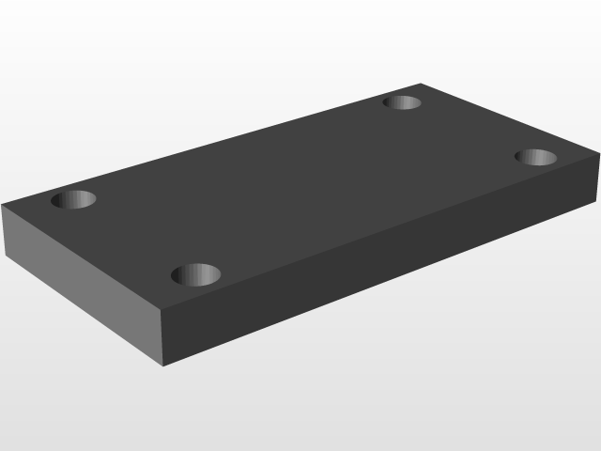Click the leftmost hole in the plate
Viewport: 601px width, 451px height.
(x=73, y=199)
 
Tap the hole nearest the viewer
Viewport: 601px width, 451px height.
(x=196, y=274)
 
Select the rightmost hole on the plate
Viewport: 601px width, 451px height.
(x=537, y=156)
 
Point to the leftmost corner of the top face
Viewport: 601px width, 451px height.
(x=3, y=205)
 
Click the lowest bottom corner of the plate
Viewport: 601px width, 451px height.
(x=164, y=365)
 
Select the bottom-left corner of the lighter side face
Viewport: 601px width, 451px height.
(x=4, y=256)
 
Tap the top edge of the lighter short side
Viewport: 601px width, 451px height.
(x=84, y=256)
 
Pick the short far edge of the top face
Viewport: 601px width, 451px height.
(x=508, y=122)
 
